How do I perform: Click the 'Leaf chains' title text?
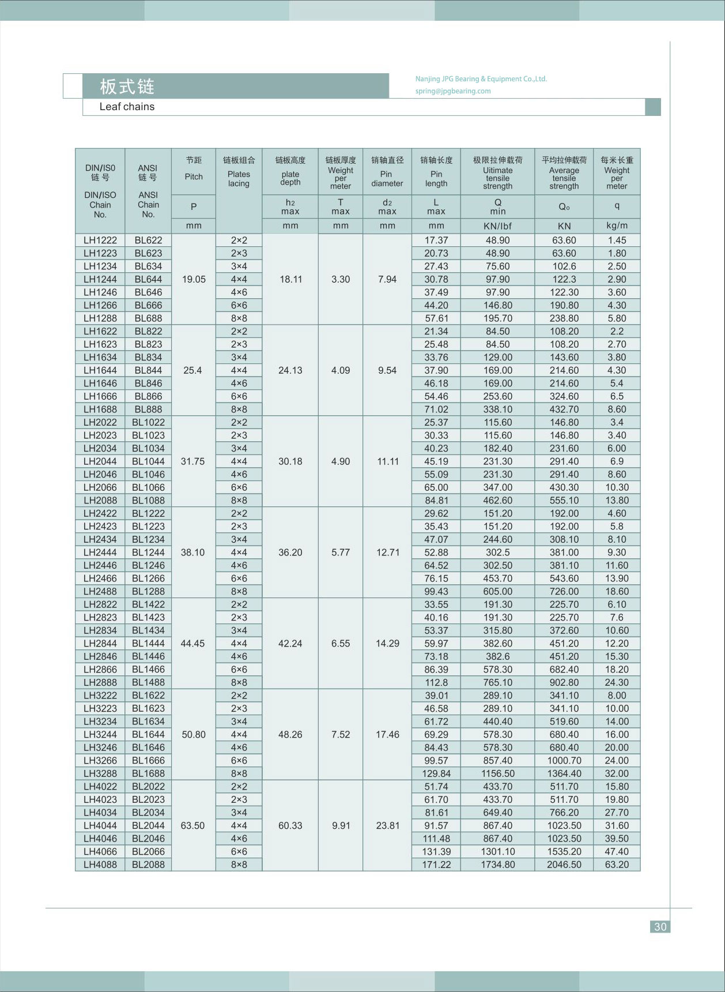(x=127, y=107)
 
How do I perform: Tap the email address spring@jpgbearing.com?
(x=453, y=91)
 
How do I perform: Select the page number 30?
(x=660, y=926)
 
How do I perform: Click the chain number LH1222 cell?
(x=100, y=241)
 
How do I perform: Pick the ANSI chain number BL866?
(x=148, y=396)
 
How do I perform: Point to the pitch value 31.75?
(x=192, y=461)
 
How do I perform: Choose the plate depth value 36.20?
(x=290, y=553)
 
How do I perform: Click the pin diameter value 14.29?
(x=387, y=644)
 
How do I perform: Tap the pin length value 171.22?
(x=436, y=865)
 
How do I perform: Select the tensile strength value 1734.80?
(x=498, y=865)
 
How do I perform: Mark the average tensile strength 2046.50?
(x=564, y=865)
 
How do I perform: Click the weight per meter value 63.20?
(x=617, y=865)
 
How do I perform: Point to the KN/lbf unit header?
(x=498, y=226)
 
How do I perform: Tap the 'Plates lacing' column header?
(x=239, y=179)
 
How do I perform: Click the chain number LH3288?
(x=100, y=773)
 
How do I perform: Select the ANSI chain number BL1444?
(x=148, y=644)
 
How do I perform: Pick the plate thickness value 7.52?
(x=341, y=735)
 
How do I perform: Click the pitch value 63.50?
(x=192, y=826)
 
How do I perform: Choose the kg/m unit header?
(x=617, y=226)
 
